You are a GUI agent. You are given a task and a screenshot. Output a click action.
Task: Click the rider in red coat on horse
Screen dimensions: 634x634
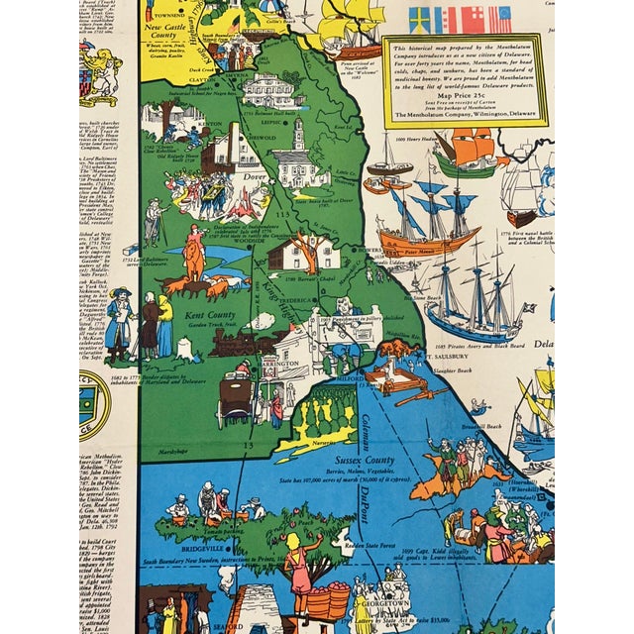tap(195, 257)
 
